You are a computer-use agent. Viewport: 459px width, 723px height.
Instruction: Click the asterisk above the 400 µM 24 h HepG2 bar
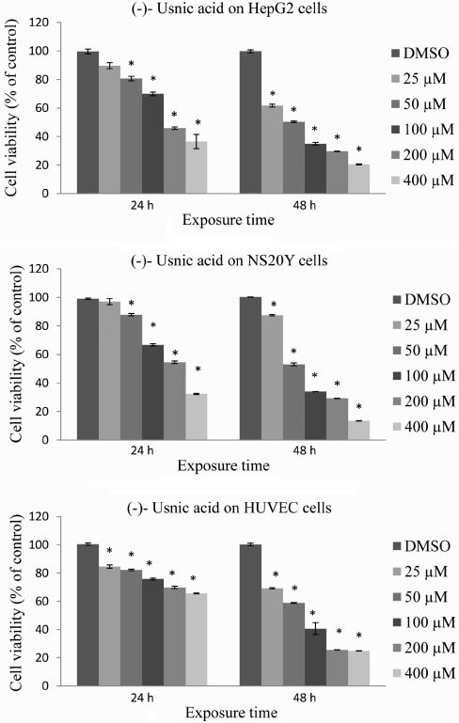[198, 124]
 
